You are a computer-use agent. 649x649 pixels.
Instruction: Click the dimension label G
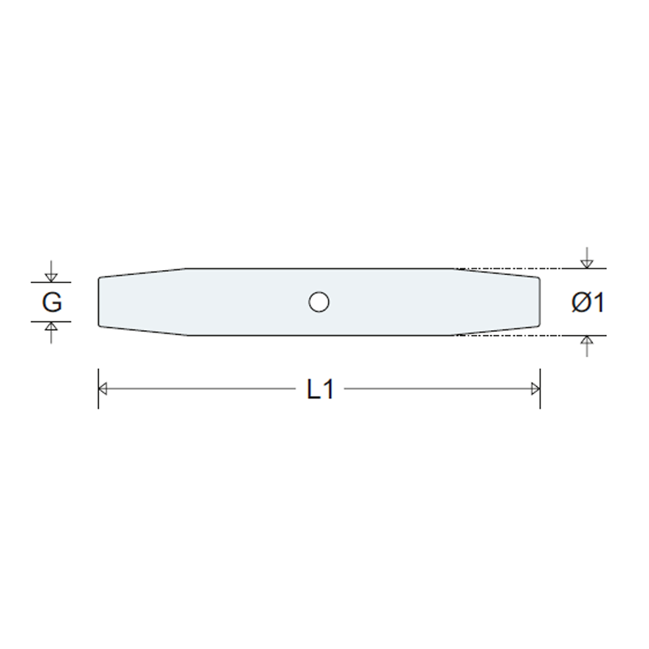[51, 303]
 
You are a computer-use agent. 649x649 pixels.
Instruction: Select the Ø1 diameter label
[587, 303]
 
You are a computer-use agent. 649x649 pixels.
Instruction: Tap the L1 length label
[320, 389]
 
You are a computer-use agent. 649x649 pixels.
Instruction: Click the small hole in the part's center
[319, 303]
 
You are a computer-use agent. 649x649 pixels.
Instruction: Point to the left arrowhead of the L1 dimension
[103, 389]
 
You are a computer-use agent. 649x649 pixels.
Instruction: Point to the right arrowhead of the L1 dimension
[535, 389]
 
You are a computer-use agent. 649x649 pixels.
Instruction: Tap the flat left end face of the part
[99, 303]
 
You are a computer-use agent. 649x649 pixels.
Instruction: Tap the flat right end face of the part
[539, 303]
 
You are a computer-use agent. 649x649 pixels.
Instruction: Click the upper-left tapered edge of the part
[142, 273]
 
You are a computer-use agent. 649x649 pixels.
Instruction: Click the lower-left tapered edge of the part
[142, 331]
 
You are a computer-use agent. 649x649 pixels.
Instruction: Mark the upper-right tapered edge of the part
[496, 273]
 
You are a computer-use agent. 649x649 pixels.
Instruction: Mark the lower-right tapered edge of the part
[496, 331]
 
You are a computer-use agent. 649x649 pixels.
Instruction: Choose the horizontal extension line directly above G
[51, 282]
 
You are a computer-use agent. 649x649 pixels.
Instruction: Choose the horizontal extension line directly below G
[51, 321]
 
